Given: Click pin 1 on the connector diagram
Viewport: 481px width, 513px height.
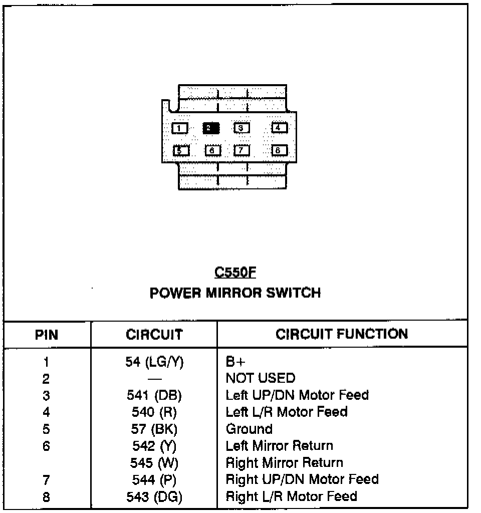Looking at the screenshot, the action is [x=180, y=128].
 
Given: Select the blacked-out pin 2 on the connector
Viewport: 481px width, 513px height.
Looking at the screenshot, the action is [x=211, y=128].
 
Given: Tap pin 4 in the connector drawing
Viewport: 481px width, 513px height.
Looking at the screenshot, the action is [x=279, y=127].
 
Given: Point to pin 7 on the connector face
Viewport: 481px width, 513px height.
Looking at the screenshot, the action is [x=242, y=150].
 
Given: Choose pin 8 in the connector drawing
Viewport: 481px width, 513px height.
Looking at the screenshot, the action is [x=279, y=150].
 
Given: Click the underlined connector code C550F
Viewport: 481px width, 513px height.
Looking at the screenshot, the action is [x=235, y=272].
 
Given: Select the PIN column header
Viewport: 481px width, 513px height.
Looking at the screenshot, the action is [x=47, y=335].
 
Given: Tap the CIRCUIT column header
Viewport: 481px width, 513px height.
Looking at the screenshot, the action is [x=154, y=334].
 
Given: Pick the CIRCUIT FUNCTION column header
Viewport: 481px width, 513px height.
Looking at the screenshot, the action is [x=342, y=334].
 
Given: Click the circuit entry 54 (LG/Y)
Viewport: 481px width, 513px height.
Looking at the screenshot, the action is [x=154, y=362].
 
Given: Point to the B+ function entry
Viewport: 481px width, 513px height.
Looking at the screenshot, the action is [x=235, y=362].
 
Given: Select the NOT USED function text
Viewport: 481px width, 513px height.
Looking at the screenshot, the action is [x=261, y=378].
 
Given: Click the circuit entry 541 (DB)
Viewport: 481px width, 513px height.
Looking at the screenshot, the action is [x=154, y=396].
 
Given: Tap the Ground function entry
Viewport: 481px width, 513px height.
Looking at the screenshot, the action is [x=249, y=429].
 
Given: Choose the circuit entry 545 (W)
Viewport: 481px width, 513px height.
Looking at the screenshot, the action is [x=154, y=463].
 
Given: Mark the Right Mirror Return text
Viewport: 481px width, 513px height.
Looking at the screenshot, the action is [x=285, y=462].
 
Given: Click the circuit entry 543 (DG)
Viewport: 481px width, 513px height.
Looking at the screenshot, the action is [x=154, y=497].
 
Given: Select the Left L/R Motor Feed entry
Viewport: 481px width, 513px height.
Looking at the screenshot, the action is [x=287, y=412].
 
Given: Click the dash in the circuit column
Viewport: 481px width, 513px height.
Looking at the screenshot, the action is [x=154, y=379].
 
